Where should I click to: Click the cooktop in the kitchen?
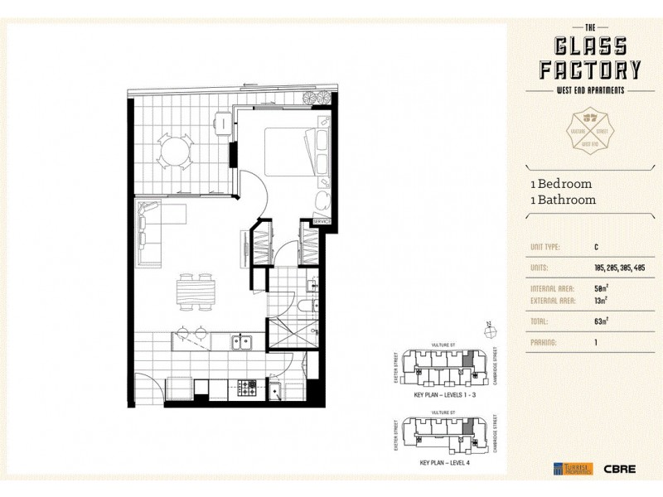click(248, 386)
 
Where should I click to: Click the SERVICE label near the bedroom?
click(322, 222)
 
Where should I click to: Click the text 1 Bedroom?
click(561, 184)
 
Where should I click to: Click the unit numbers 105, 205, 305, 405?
click(619, 268)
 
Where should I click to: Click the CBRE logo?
click(620, 469)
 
